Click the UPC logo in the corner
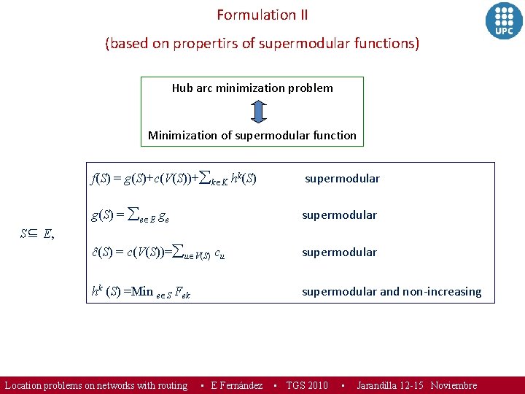pos(504,20)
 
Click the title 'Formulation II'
pos(262,15)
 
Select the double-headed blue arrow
pos(258,112)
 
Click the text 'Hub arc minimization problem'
pos(252,88)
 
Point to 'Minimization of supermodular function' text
pos(252,135)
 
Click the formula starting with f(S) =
pos(173,178)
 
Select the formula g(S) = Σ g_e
pos(135,215)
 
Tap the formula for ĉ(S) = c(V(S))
pos(157,252)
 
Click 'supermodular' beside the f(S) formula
pos(342,179)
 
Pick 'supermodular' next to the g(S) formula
pos(339,215)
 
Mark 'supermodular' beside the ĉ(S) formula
pos(339,252)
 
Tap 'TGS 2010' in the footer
pos(307,385)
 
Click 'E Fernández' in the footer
pos(236,385)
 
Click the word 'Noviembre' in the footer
pos(454,385)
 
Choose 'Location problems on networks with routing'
pos(96,385)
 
